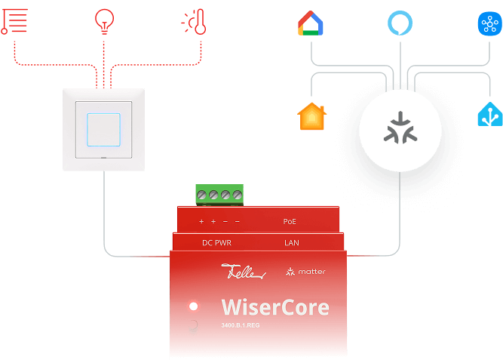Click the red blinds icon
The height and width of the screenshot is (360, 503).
[15, 21]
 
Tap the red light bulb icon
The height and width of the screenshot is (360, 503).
[104, 21]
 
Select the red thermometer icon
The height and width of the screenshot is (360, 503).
[194, 22]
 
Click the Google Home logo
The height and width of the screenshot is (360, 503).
[311, 23]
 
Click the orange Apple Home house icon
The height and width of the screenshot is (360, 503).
[311, 117]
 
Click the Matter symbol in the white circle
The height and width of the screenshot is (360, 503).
[400, 128]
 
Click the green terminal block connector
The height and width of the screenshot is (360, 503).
[219, 194]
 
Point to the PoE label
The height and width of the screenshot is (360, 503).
[290, 222]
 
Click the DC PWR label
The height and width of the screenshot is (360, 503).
[216, 243]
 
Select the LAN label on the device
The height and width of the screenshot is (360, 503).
[291, 243]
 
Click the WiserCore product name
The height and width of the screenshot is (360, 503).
[275, 307]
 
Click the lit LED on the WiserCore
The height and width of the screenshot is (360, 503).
[194, 306]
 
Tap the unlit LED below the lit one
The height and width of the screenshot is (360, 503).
[193, 326]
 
